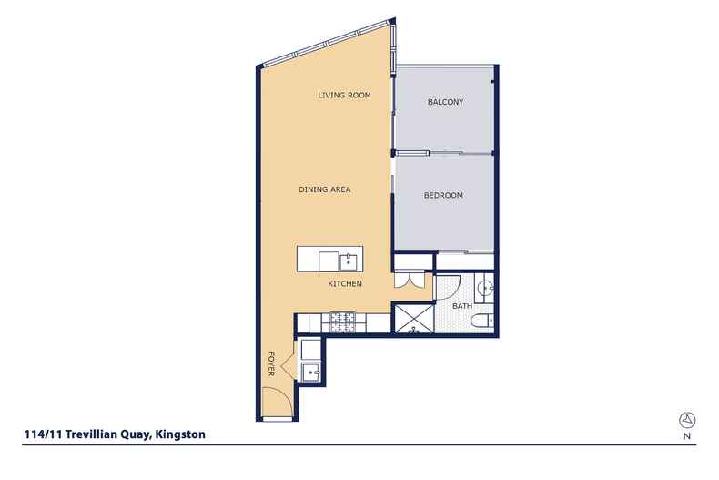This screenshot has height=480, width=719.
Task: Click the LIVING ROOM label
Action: (x=344, y=95)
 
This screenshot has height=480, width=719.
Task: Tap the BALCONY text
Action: (x=445, y=102)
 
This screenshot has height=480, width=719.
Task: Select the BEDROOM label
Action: (x=444, y=195)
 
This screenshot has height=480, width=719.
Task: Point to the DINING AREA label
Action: (x=325, y=189)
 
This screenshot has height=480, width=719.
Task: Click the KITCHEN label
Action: (x=346, y=284)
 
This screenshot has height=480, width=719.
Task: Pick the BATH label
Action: (x=462, y=306)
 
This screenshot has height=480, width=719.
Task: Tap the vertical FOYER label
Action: (x=270, y=363)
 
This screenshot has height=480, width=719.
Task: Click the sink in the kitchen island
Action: (x=348, y=261)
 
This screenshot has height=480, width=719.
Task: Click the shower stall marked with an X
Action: (x=412, y=320)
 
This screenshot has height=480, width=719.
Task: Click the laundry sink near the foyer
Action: (x=310, y=372)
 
